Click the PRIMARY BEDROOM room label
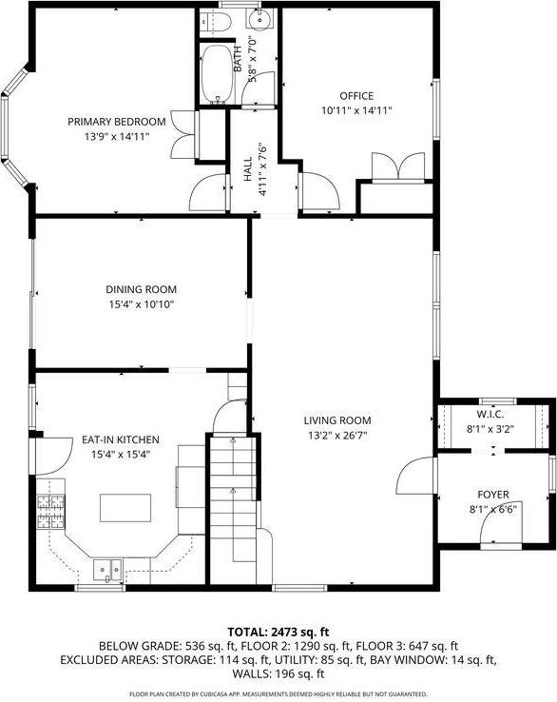pos(116,122)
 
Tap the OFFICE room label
pos(356,96)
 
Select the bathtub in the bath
pos(219,73)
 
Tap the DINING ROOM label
pos(141,289)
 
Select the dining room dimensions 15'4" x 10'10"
pos(141,304)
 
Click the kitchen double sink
pos(106,569)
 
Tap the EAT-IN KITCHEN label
pos(120,439)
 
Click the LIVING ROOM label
pos(336,419)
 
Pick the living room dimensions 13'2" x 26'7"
pos(336,436)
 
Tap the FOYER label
pos(493,495)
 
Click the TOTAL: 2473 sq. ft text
pos(278,632)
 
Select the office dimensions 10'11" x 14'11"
pos(356,110)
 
